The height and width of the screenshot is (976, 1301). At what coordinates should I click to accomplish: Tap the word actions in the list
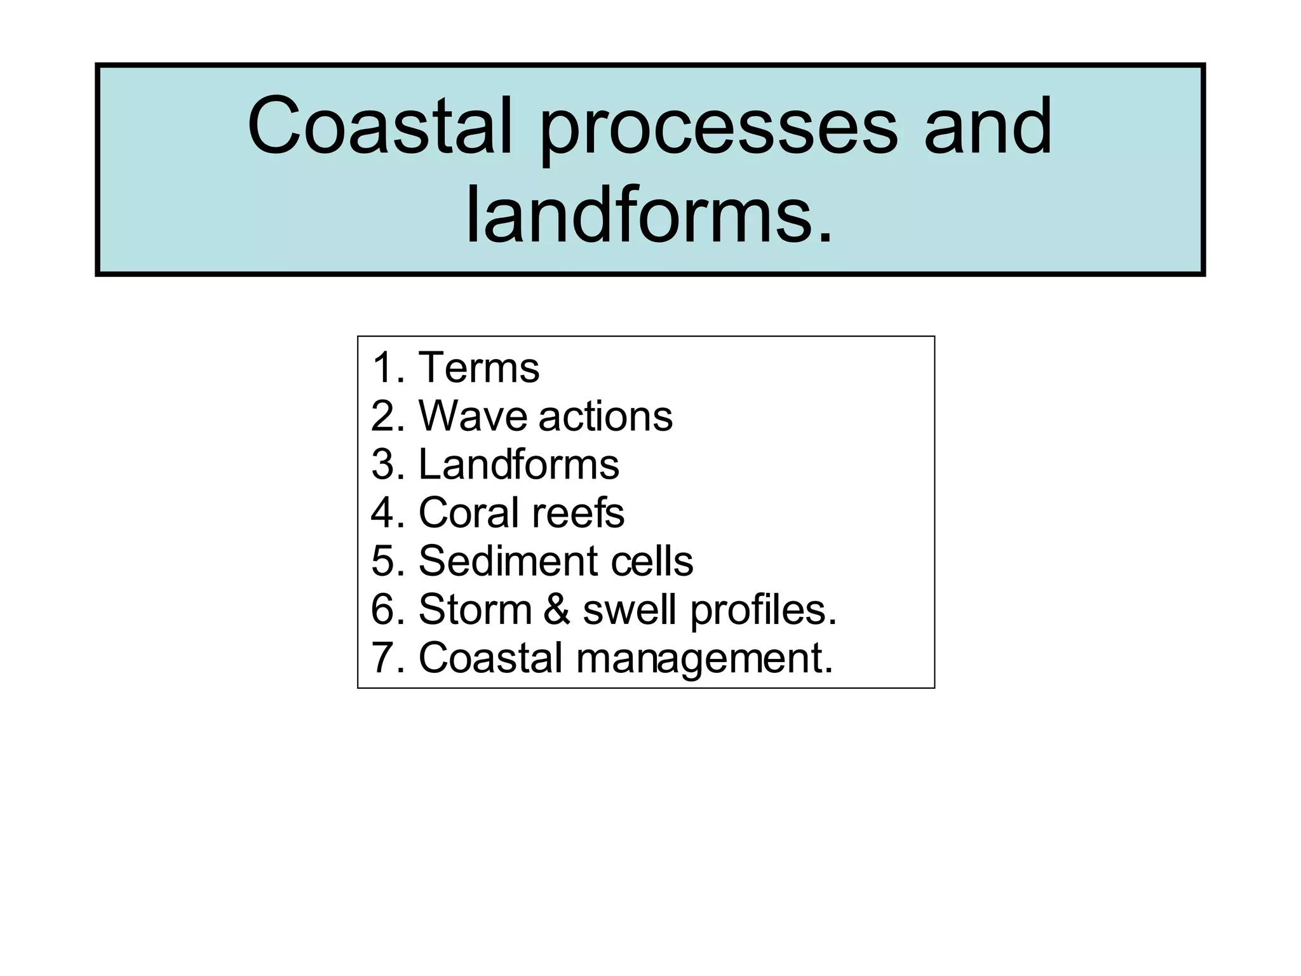point(605,417)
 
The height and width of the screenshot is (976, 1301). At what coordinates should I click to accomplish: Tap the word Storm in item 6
point(475,609)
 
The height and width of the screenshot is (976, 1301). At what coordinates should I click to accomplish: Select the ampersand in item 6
point(557,609)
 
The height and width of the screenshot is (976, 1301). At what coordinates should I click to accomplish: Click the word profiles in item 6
point(763,611)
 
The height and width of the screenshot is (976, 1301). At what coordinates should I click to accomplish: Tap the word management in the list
point(704,659)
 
